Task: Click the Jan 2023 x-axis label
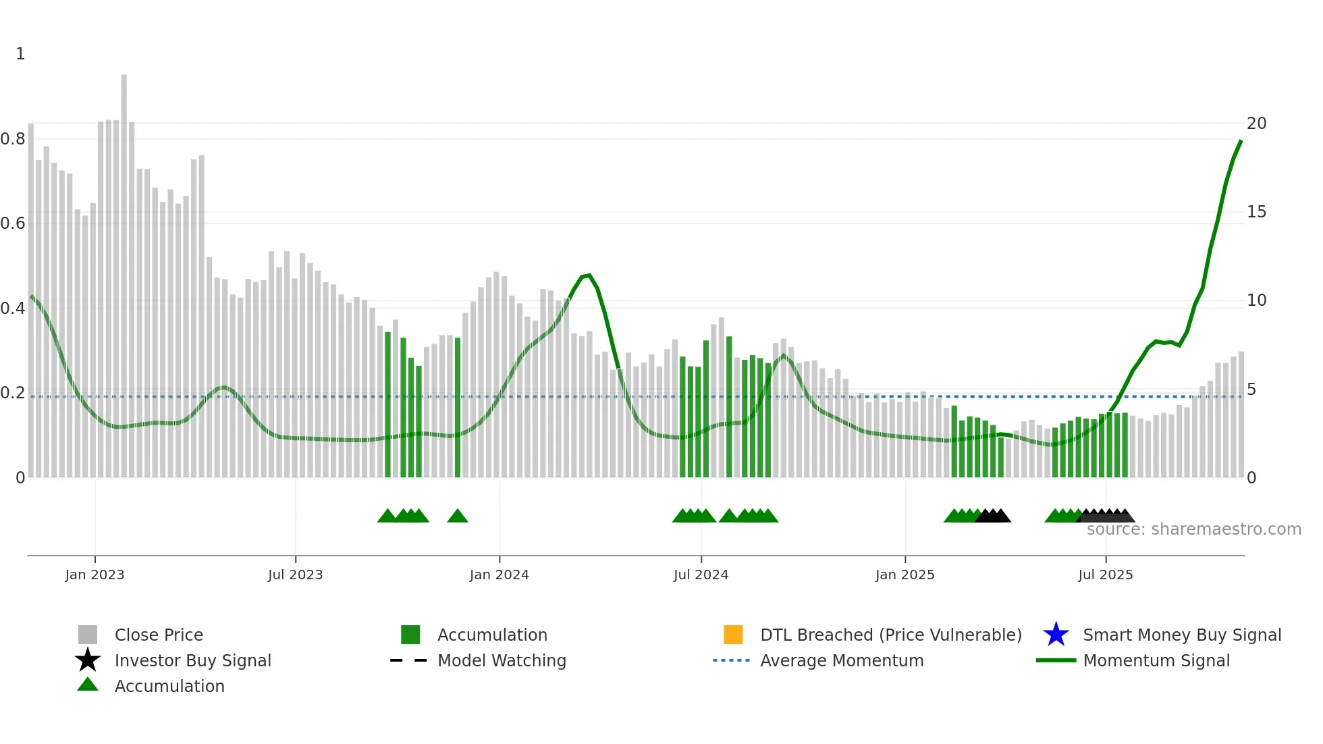tap(94, 575)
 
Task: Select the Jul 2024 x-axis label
tap(701, 575)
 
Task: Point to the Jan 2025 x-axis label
tap(905, 575)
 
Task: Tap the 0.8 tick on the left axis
tap(13, 139)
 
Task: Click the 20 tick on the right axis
tap(1256, 124)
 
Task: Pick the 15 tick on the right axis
tap(1256, 212)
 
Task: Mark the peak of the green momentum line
tap(1241, 141)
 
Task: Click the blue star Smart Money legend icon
tap(1056, 635)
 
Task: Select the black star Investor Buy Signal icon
tap(88, 660)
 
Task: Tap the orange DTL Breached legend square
tap(733, 635)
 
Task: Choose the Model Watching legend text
tap(502, 660)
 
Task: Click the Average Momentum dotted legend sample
tap(731, 660)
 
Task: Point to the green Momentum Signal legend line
tap(1056, 660)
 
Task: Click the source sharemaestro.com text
tap(1193, 529)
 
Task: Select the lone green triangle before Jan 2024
tap(458, 516)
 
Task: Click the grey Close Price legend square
tap(88, 635)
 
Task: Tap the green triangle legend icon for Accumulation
tap(88, 685)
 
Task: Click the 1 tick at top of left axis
tap(20, 54)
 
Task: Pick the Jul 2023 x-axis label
tap(295, 575)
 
